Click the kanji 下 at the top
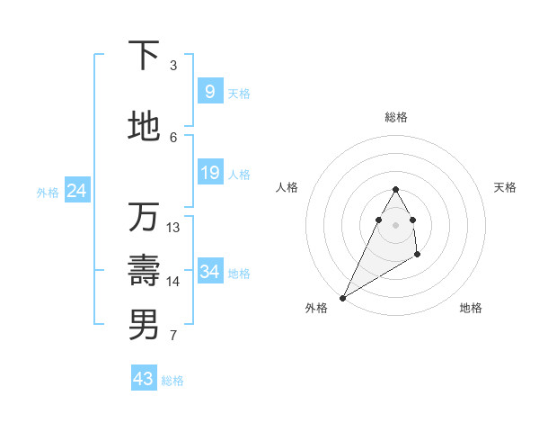point(144,56)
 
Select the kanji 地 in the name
point(144,126)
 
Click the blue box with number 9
point(209,92)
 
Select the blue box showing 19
point(209,173)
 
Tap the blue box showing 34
point(209,272)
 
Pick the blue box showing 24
point(76,191)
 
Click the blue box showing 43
point(144,379)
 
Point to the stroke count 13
point(173,227)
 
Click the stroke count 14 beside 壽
point(173,281)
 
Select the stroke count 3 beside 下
point(173,65)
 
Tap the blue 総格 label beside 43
point(172,381)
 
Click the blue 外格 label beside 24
point(48,193)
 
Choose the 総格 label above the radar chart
point(395,117)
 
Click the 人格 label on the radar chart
point(287,187)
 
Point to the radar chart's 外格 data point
point(343,297)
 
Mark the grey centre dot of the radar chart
point(395,224)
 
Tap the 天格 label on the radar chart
point(505,187)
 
